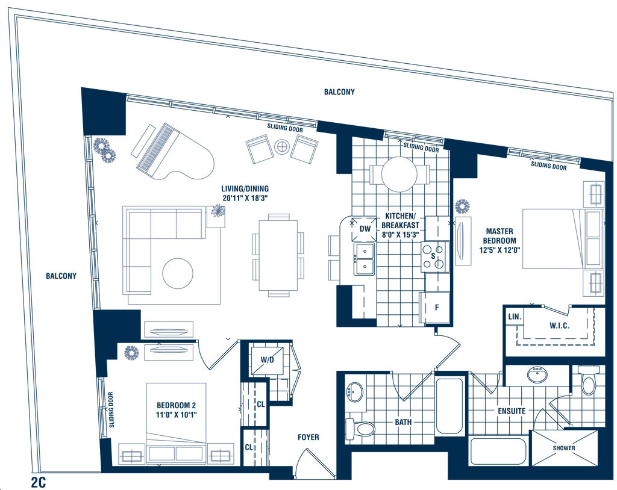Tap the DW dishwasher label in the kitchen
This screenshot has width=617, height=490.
pos(365,229)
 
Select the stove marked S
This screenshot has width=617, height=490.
pos(435,257)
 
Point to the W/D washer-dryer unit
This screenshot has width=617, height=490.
pos(267,359)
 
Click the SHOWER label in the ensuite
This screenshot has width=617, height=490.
pos(564,448)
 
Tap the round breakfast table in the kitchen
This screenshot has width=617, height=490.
pos(399,174)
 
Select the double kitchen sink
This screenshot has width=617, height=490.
pos(364,259)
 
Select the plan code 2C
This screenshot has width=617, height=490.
pos(38,482)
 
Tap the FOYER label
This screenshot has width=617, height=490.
pos(308,437)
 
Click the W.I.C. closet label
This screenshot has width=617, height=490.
pos(559,326)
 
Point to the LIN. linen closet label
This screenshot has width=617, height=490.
pos(515,317)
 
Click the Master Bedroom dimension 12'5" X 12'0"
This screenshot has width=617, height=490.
pos(500,250)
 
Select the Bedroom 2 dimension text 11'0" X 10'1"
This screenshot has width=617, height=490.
pos(177,415)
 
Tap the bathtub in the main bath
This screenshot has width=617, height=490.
pos(449,406)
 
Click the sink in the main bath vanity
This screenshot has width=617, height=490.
pos(355,392)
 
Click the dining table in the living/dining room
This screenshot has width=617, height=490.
pos(278,255)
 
